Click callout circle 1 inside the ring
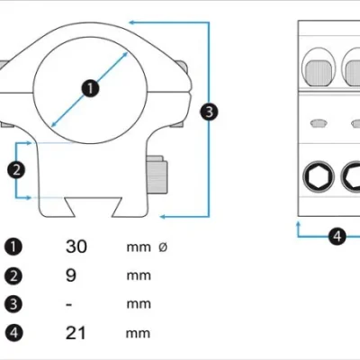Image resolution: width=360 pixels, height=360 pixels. [90, 88]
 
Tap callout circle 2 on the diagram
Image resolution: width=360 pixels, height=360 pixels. [16, 170]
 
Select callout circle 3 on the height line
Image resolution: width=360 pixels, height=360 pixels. [209, 112]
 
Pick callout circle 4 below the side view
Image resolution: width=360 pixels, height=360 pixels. [337, 237]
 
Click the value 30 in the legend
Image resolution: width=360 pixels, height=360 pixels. [76, 247]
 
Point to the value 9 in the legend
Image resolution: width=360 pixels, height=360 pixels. [71, 275]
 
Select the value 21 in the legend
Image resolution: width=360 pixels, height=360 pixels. [76, 333]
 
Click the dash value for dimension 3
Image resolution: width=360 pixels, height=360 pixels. [69, 305]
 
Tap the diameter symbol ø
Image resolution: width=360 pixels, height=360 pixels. [163, 247]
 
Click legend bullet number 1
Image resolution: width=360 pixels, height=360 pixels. [13, 247]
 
